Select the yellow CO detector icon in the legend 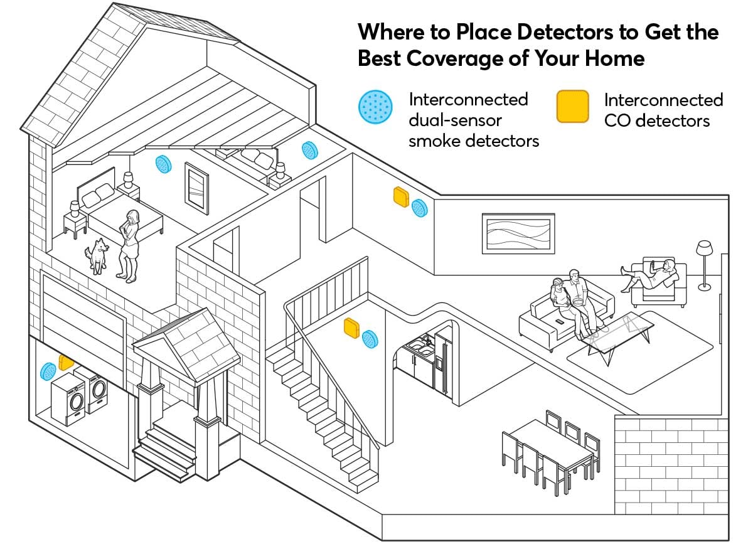click(x=572, y=106)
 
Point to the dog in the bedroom click(x=98, y=255)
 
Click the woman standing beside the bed click(x=129, y=245)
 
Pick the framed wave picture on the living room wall click(x=518, y=233)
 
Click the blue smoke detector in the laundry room click(x=48, y=370)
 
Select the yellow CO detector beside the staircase click(x=351, y=328)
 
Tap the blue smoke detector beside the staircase click(x=370, y=339)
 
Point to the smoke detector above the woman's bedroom click(x=163, y=164)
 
